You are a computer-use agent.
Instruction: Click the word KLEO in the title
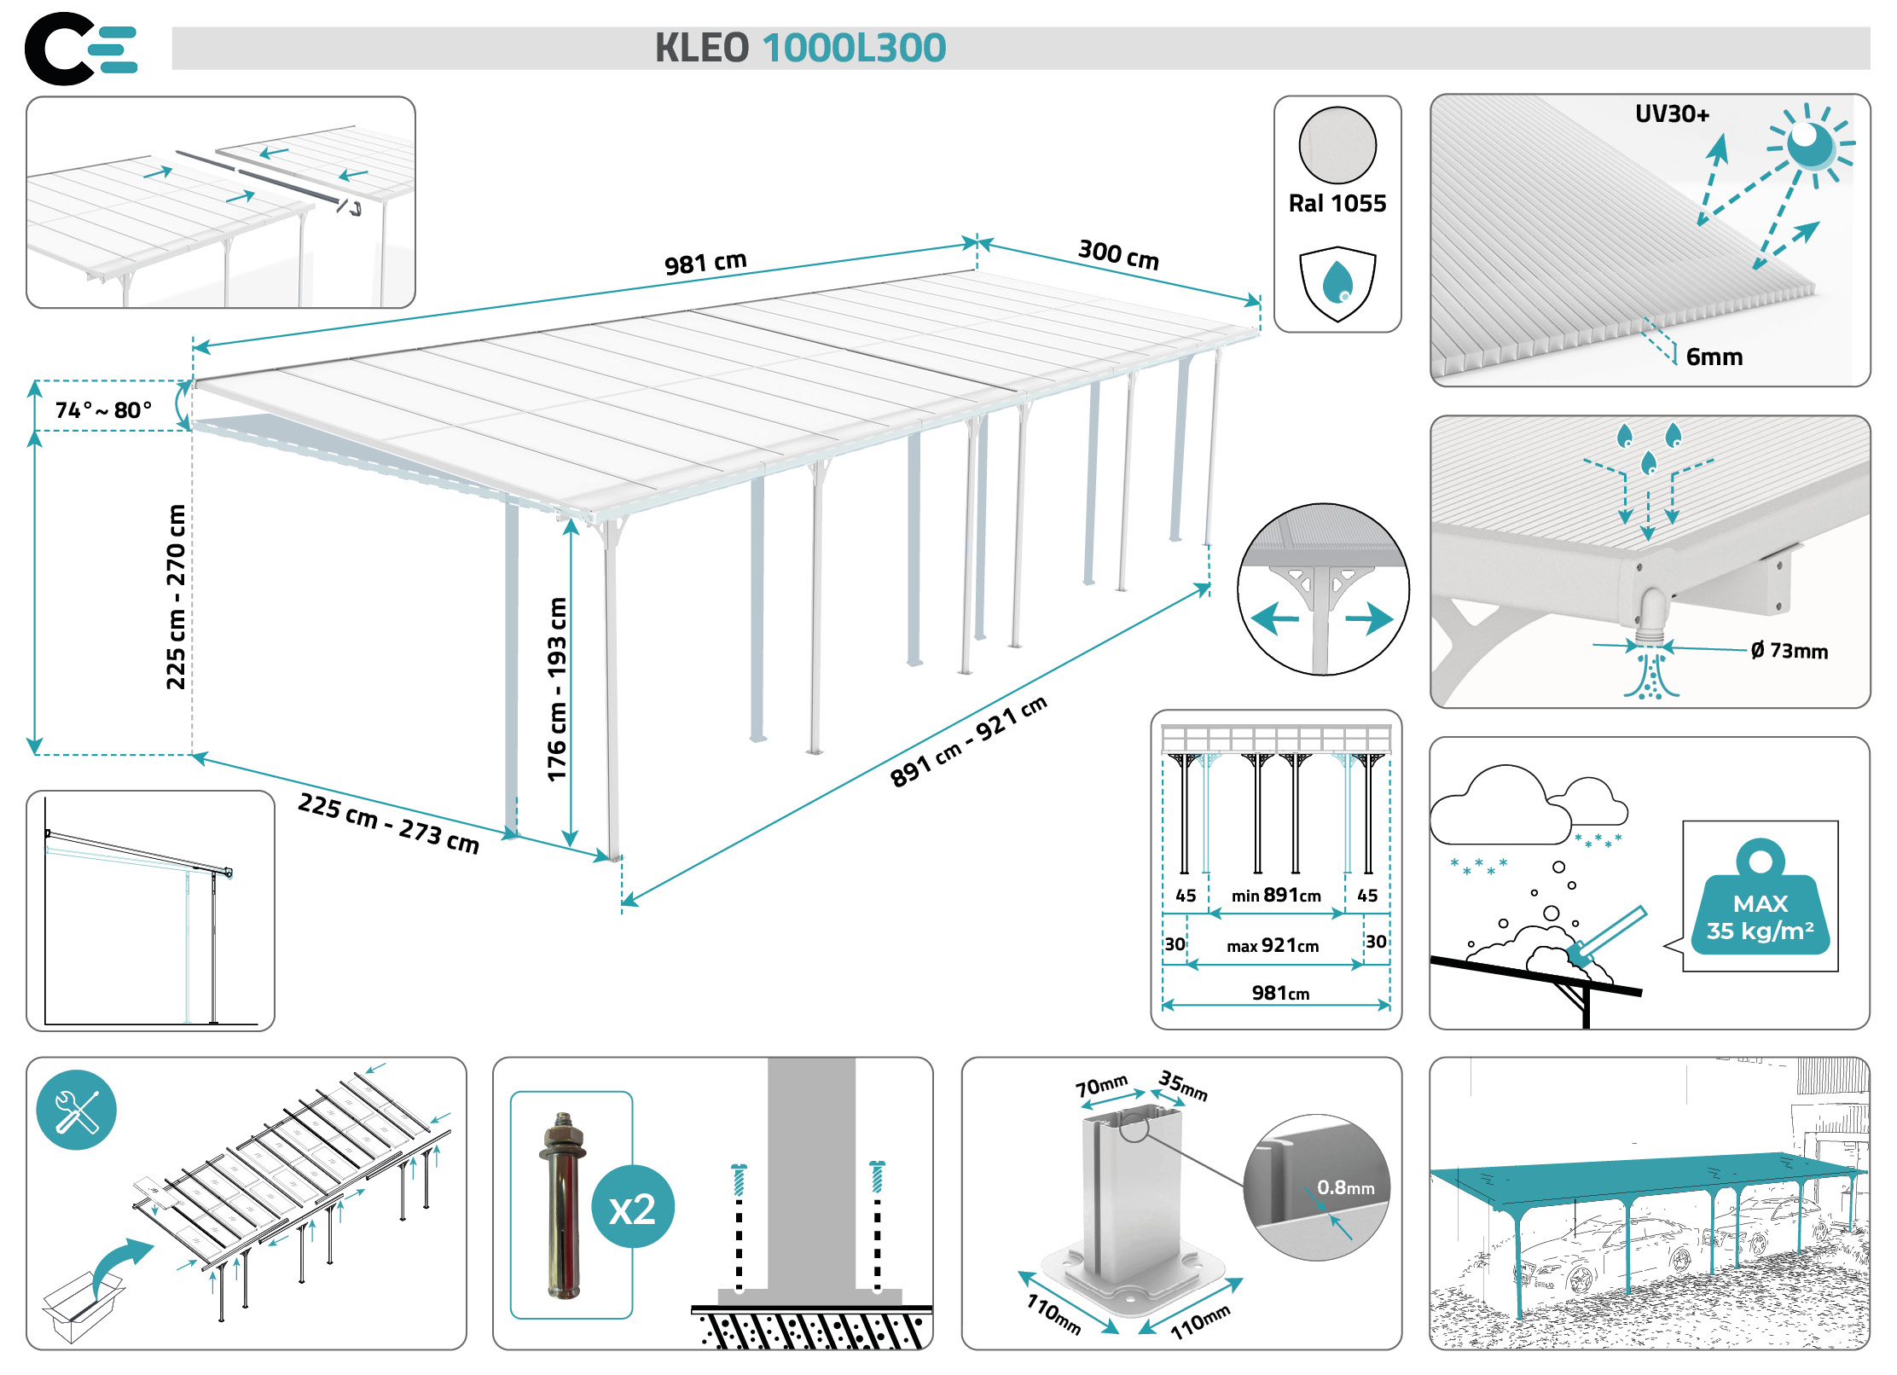point(701,48)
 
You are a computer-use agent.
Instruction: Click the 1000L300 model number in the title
point(854,48)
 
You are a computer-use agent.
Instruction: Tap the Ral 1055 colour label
point(1337,203)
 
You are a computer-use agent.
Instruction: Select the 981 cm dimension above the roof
point(705,262)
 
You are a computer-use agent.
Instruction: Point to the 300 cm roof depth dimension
point(1118,254)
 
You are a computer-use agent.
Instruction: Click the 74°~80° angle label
point(103,410)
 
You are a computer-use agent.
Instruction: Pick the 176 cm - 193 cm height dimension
point(556,689)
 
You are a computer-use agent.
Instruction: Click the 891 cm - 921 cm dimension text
point(968,741)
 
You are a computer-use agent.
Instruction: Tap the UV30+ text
point(1672,114)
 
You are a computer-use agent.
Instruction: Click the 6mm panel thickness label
point(1714,357)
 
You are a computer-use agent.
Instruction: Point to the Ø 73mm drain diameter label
point(1789,651)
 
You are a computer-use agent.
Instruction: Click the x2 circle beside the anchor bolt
point(633,1207)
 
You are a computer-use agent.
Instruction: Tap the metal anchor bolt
point(562,1205)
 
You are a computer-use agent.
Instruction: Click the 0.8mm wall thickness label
point(1345,1187)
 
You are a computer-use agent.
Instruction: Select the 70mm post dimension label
point(1101,1086)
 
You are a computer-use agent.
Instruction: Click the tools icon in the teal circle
point(77,1110)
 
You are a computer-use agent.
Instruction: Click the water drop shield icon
point(1337,284)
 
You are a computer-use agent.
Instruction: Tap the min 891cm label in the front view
point(1276,895)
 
